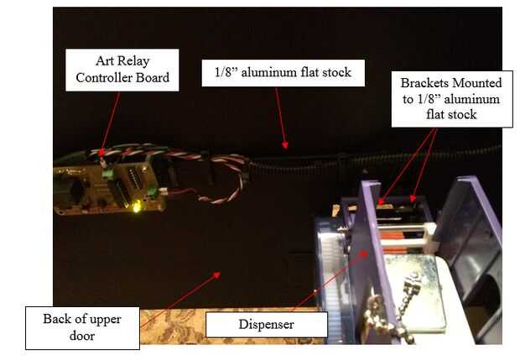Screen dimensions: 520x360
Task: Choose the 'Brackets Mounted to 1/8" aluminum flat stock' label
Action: [450, 98]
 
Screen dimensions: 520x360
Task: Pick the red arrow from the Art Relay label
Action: [112, 121]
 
